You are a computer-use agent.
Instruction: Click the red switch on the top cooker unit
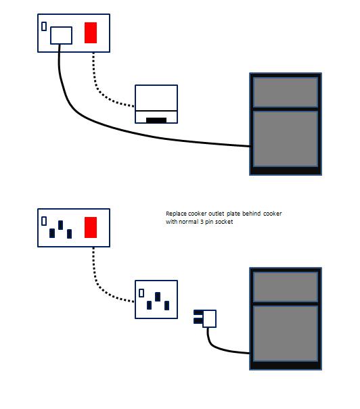(x=91, y=33)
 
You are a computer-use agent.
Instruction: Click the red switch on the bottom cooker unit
(x=91, y=227)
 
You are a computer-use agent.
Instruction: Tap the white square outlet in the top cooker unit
(x=61, y=35)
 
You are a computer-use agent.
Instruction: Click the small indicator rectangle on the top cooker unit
(x=44, y=26)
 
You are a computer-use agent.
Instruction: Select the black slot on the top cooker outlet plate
(x=156, y=120)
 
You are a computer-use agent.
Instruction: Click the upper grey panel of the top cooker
(x=286, y=92)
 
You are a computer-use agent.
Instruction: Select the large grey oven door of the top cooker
(x=286, y=139)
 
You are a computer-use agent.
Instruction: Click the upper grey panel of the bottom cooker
(x=286, y=287)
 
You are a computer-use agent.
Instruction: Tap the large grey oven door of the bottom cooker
(x=286, y=333)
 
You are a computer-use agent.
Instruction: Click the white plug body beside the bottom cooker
(x=210, y=318)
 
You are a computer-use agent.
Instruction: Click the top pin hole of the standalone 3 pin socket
(x=158, y=297)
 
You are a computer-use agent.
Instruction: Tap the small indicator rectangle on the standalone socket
(x=141, y=293)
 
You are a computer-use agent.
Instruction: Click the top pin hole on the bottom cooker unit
(x=61, y=225)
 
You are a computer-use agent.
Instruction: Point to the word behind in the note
(x=252, y=214)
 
